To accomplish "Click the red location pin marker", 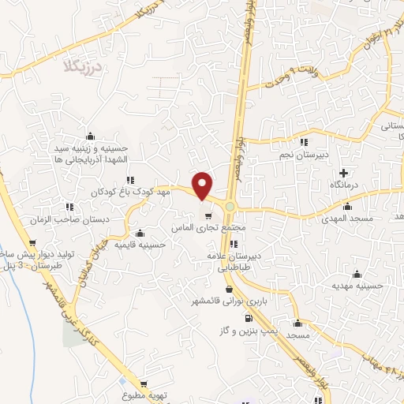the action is coord(204,185).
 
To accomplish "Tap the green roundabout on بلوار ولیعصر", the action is coord(230,208).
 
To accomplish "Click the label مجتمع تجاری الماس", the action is coord(210,227).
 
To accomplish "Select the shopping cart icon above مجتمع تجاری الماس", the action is coord(208,215).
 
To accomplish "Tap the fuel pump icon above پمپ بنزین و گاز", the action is coord(249,319).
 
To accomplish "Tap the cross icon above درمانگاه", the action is coord(342,173).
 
